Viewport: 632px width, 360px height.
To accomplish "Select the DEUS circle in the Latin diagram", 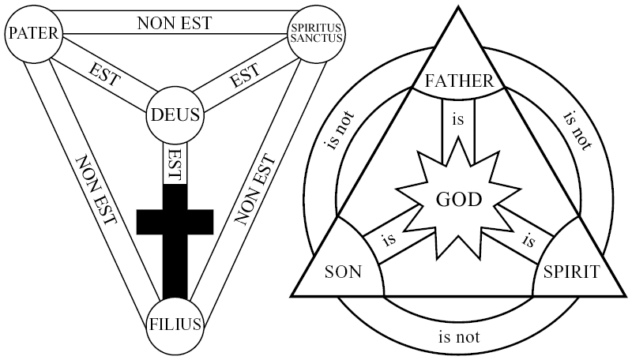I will pyautogui.click(x=175, y=116).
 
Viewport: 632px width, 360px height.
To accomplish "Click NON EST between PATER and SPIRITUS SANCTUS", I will pyautogui.click(x=175, y=22).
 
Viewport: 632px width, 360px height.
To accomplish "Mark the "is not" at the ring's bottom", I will pyautogui.click(x=457, y=337).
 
